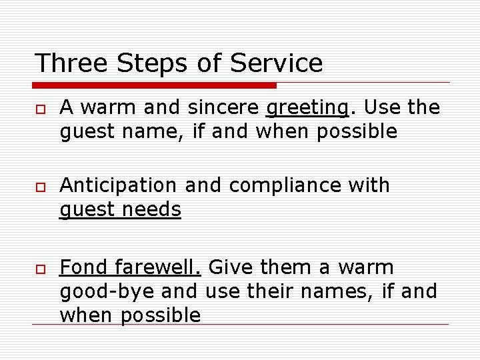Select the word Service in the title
(276, 63)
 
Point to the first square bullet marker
(41, 109)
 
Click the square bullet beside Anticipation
(41, 186)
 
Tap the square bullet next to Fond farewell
(41, 269)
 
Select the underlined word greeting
(307, 108)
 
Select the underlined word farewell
(158, 267)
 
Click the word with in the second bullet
(369, 185)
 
